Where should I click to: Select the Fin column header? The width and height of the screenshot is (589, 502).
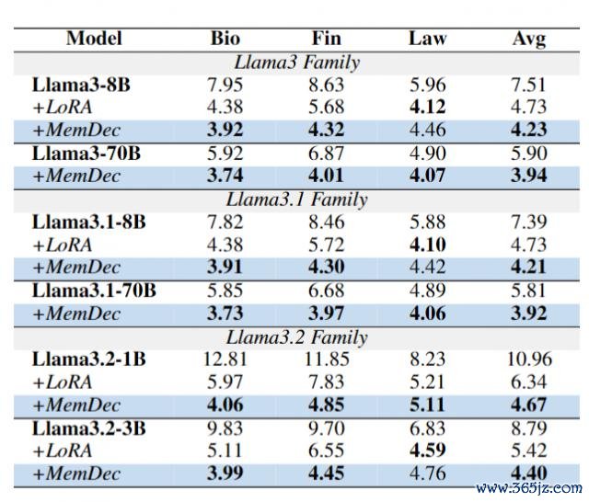(x=327, y=39)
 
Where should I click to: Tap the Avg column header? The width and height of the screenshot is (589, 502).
(x=528, y=39)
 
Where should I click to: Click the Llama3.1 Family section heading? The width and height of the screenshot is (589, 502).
(x=296, y=200)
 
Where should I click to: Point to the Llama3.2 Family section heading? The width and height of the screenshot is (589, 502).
(x=296, y=337)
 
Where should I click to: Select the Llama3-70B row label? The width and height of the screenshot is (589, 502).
(x=87, y=154)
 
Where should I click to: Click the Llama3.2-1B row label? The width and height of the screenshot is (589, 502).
(x=88, y=359)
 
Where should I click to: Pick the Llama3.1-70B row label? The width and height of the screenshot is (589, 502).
(x=94, y=291)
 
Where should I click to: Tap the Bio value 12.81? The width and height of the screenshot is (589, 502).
(x=225, y=359)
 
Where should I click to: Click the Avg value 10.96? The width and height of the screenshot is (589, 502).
(x=528, y=359)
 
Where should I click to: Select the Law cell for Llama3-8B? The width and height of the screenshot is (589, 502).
(x=427, y=86)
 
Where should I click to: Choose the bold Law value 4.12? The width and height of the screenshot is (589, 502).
(x=427, y=108)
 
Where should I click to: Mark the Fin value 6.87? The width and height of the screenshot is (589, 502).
(x=327, y=154)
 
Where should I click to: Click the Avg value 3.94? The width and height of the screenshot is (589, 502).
(x=528, y=177)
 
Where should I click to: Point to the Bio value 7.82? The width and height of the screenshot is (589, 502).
(x=225, y=222)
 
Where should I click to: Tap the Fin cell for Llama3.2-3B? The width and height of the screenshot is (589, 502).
(x=327, y=428)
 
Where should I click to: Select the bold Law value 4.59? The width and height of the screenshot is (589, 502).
(x=427, y=451)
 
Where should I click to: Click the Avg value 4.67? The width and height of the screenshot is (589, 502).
(x=528, y=405)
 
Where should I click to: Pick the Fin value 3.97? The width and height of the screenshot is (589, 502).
(x=327, y=314)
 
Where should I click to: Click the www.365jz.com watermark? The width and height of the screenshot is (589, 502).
(x=527, y=487)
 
